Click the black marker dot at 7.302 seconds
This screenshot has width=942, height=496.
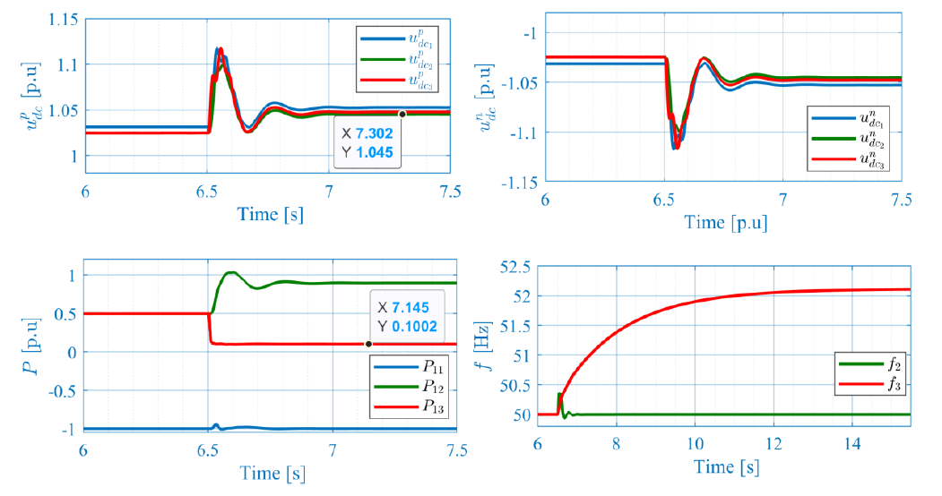pos(402,114)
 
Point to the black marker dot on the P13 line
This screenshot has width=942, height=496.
pos(368,344)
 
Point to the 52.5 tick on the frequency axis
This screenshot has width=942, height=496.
pos(516,267)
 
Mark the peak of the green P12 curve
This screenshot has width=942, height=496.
pos(231,272)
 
